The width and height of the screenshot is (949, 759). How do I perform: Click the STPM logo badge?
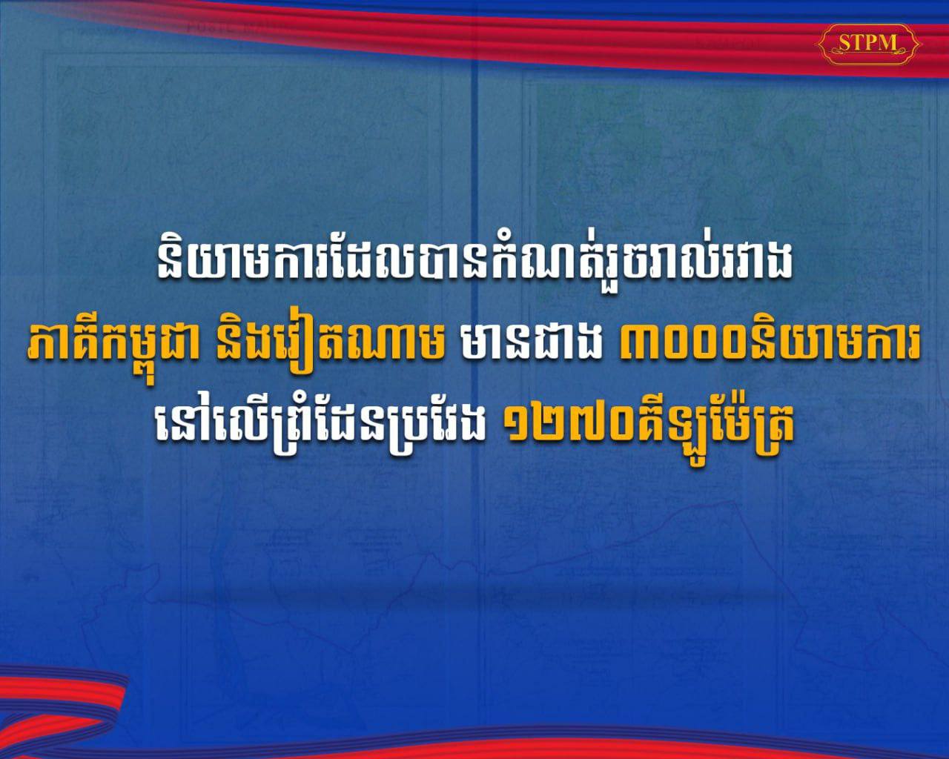coord(868,44)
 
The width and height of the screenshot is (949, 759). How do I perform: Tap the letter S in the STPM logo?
coord(844,44)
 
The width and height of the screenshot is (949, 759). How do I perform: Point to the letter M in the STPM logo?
coord(886,44)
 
